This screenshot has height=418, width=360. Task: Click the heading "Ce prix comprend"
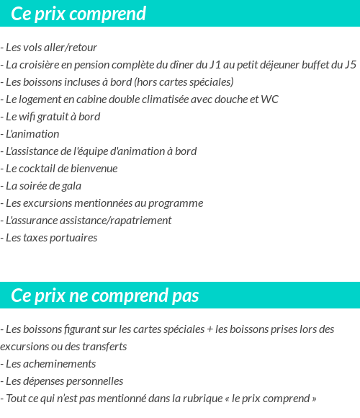click(x=78, y=14)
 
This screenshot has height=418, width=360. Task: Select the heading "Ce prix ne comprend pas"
click(x=105, y=295)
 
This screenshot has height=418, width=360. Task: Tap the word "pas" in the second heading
click(x=185, y=295)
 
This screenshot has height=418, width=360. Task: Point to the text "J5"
click(x=350, y=65)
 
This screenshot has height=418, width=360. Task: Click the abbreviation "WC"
click(x=270, y=99)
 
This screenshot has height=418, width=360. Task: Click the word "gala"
click(x=69, y=186)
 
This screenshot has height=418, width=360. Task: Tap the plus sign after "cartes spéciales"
click(x=210, y=329)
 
